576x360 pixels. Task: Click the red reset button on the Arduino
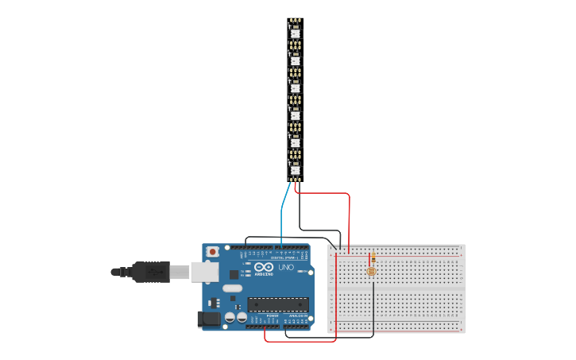(x=212, y=252)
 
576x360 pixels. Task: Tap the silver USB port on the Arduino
(x=204, y=272)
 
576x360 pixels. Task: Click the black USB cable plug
(x=151, y=272)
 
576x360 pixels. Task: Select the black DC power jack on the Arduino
(x=208, y=319)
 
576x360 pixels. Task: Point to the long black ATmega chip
(x=277, y=304)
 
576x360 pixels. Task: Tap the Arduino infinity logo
(x=264, y=267)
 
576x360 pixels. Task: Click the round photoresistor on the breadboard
(x=371, y=271)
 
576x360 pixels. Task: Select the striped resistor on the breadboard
(x=373, y=257)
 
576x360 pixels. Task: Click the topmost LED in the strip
(x=295, y=33)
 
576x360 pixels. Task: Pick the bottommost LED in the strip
(x=295, y=169)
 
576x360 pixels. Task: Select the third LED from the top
(x=295, y=87)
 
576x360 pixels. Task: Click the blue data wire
(x=282, y=215)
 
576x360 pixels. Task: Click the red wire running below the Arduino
(x=302, y=342)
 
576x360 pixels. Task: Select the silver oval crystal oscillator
(x=231, y=288)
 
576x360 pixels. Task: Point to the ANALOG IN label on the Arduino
(x=297, y=316)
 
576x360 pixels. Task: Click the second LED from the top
(x=295, y=60)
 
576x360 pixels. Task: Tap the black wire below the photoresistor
(x=373, y=310)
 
